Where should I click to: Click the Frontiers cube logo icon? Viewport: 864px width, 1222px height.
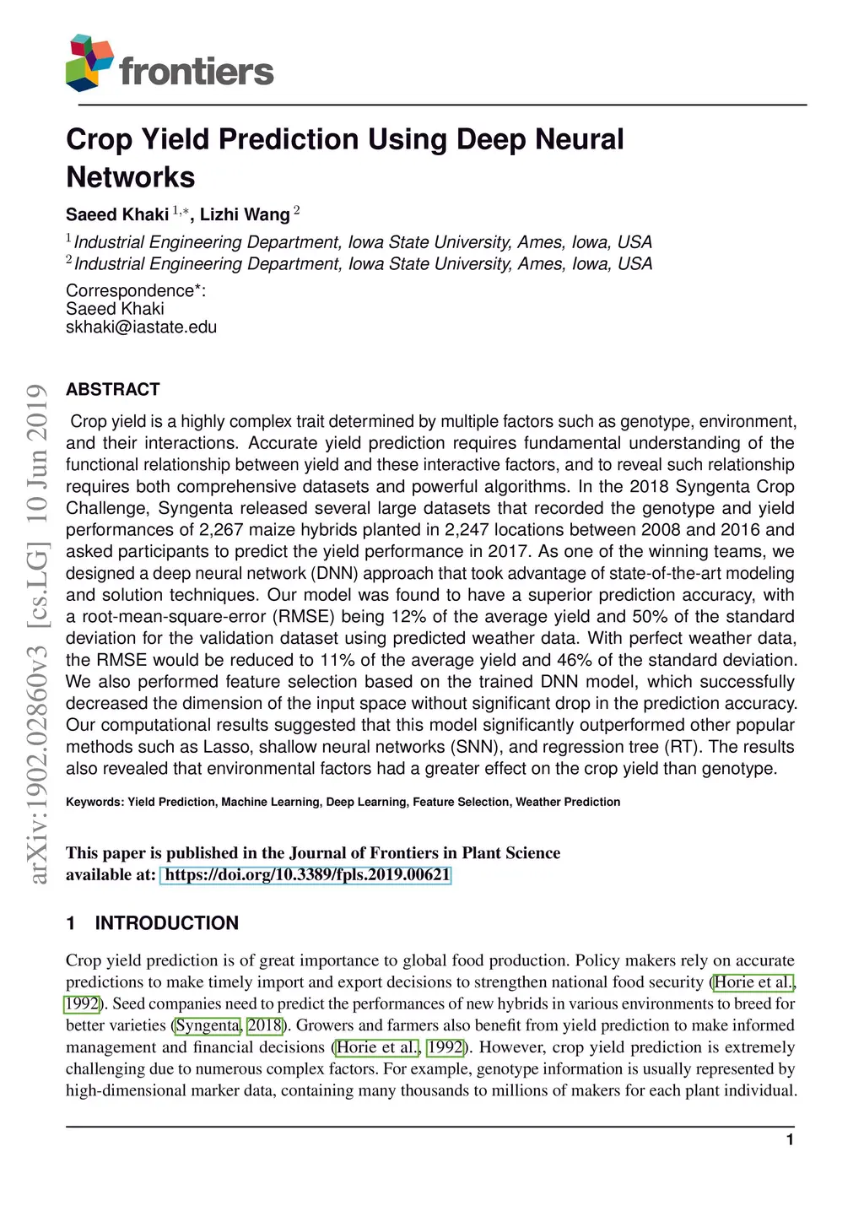(89, 62)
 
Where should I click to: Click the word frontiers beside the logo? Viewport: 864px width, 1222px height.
(197, 72)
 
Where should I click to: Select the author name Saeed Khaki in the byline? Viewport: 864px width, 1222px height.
(117, 215)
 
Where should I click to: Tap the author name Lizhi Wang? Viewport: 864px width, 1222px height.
(245, 215)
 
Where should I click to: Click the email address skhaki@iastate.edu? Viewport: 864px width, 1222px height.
(141, 327)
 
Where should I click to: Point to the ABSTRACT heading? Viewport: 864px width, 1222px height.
(113, 390)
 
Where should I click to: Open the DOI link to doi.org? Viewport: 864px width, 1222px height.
(306, 875)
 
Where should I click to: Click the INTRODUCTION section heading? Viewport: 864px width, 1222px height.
(166, 923)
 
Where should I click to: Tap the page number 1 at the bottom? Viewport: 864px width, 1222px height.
(790, 1140)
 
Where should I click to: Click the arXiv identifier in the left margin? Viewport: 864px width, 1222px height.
(37, 633)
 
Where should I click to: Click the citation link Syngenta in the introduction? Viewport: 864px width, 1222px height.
(208, 1025)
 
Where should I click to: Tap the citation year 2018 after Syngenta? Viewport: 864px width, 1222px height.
(264, 1025)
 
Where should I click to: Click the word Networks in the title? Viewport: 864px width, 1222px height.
(131, 177)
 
